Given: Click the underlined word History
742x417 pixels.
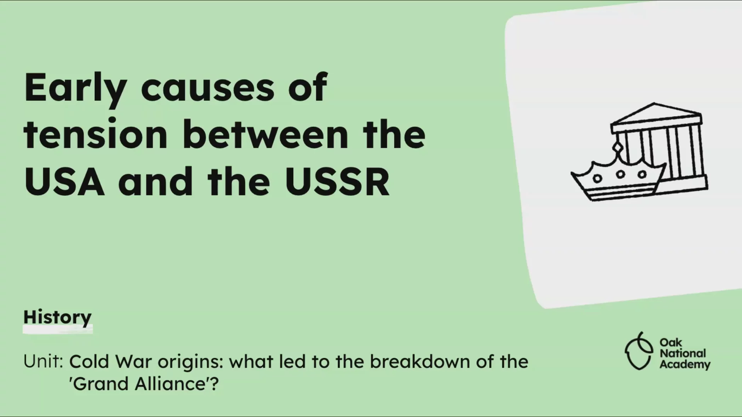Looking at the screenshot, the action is pos(58,318).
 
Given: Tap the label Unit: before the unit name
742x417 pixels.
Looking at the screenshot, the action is pos(43,362).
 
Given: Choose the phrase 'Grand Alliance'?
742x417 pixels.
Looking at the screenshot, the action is pos(144,384).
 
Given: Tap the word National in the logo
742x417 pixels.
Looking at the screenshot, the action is pos(682,353).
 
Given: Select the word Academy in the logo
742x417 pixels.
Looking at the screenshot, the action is pos(685,365).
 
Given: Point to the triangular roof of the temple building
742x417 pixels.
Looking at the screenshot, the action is pos(656,113).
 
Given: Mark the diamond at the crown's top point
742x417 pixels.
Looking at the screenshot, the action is pos(617,147).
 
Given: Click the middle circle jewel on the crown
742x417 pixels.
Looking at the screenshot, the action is pos(620,174).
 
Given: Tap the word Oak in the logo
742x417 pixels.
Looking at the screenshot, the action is pos(671,342).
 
